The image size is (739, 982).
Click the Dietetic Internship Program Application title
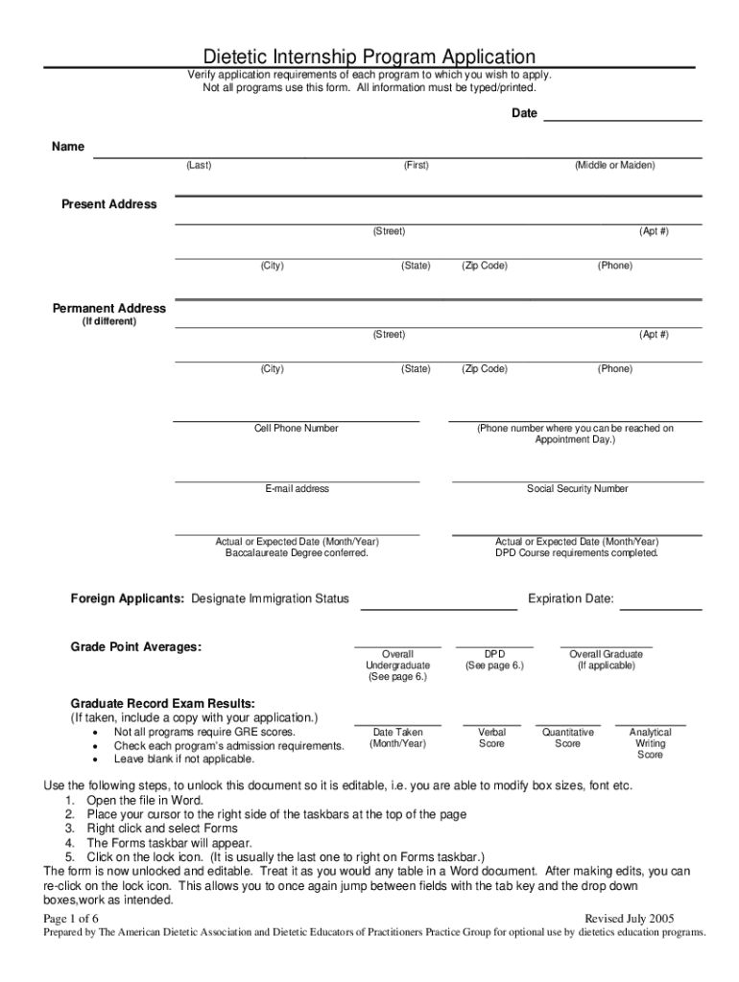coord(369,57)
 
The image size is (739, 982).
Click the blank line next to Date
coord(623,119)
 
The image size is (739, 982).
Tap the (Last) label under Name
coord(199,166)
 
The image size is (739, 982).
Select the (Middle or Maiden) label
coord(615,166)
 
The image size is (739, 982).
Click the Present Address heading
coord(109,204)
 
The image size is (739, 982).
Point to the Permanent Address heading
coord(108,309)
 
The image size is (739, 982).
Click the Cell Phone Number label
coord(296,429)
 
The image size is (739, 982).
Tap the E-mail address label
coord(297,489)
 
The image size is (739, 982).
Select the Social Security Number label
coord(578,489)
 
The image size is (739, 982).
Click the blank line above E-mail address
coord(297,479)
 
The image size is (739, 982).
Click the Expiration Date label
coord(571,599)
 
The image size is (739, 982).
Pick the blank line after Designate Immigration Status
coord(438,608)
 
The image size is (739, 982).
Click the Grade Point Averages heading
coord(136,647)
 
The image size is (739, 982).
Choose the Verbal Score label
coord(491,737)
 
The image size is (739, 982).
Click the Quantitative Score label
coord(567,737)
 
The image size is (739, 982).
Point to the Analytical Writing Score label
coord(650,743)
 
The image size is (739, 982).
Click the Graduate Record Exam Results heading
coord(163,703)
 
